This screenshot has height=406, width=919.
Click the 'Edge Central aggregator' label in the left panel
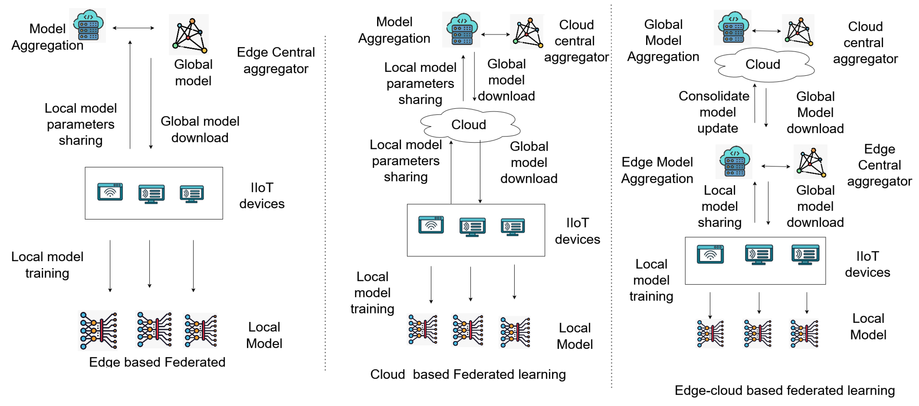click(x=276, y=60)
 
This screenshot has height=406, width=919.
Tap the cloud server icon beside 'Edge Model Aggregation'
click(x=734, y=161)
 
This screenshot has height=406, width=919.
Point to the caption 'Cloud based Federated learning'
click(x=468, y=374)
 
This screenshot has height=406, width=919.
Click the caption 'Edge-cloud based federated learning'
click(x=784, y=390)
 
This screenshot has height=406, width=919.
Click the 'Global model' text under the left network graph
click(x=193, y=73)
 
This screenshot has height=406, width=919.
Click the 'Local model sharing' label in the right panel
click(x=720, y=206)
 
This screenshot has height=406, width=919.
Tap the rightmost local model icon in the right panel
click(x=804, y=333)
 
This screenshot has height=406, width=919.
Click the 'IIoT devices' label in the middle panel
click(x=577, y=231)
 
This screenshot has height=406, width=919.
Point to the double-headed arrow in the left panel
click(x=133, y=28)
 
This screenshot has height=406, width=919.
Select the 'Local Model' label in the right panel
click(x=868, y=326)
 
